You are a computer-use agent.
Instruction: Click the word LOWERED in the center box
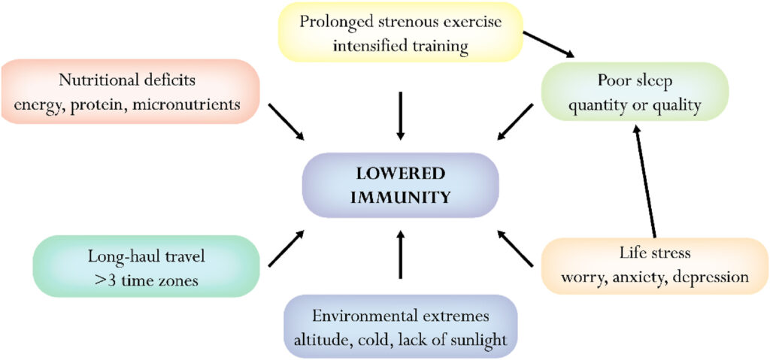[400, 174]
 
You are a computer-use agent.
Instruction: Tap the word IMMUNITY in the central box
[400, 198]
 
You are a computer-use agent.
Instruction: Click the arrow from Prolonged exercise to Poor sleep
[548, 44]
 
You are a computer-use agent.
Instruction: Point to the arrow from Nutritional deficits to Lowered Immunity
[286, 121]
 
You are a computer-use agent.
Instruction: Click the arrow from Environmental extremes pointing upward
[400, 254]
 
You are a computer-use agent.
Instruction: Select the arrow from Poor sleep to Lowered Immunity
[515, 122]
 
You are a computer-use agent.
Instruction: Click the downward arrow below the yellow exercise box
[400, 116]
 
